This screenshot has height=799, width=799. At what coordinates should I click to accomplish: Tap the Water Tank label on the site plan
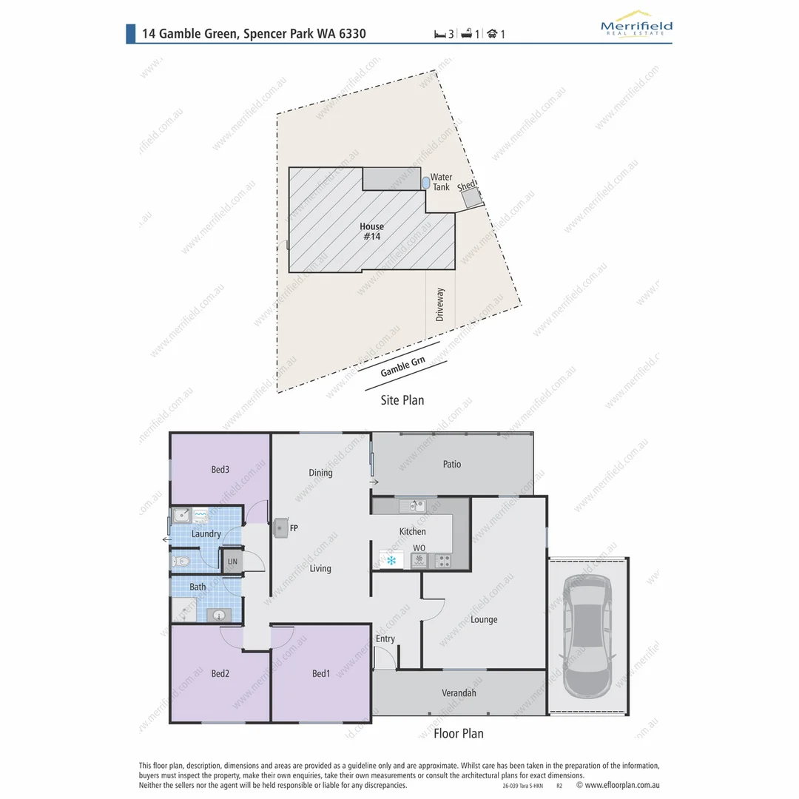[441, 182]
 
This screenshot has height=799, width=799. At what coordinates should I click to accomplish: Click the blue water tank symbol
[425, 181]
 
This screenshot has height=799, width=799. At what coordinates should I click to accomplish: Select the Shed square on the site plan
[471, 196]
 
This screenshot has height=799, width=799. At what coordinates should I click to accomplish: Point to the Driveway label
[440, 303]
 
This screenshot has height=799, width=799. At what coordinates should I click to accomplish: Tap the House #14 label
[372, 232]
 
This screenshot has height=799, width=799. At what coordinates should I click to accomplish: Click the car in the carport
[587, 638]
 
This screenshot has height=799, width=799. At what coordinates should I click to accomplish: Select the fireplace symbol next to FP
[280, 527]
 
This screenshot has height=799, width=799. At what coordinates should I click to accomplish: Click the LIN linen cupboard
[232, 562]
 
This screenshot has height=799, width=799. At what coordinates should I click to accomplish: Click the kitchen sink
[412, 506]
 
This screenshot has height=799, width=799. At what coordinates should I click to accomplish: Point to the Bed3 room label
[220, 469]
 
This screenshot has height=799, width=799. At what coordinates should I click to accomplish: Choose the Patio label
[452, 464]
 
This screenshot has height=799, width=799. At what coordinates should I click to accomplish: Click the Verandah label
[459, 693]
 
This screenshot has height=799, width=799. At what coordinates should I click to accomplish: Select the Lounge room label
[484, 619]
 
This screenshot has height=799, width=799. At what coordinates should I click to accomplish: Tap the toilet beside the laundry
[181, 562]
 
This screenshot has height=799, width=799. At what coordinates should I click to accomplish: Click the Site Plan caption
[402, 400]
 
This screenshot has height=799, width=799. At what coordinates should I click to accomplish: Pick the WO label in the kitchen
[419, 547]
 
